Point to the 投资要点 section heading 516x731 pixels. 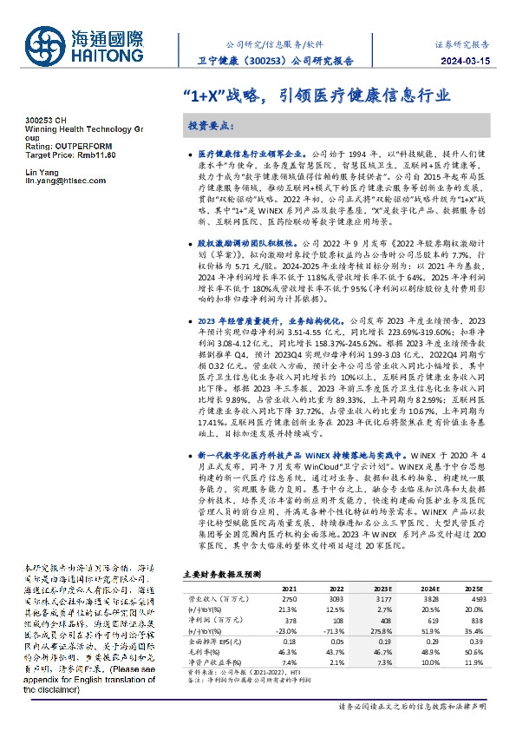tap(211, 125)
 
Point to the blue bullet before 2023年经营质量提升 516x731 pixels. tap(192, 320)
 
